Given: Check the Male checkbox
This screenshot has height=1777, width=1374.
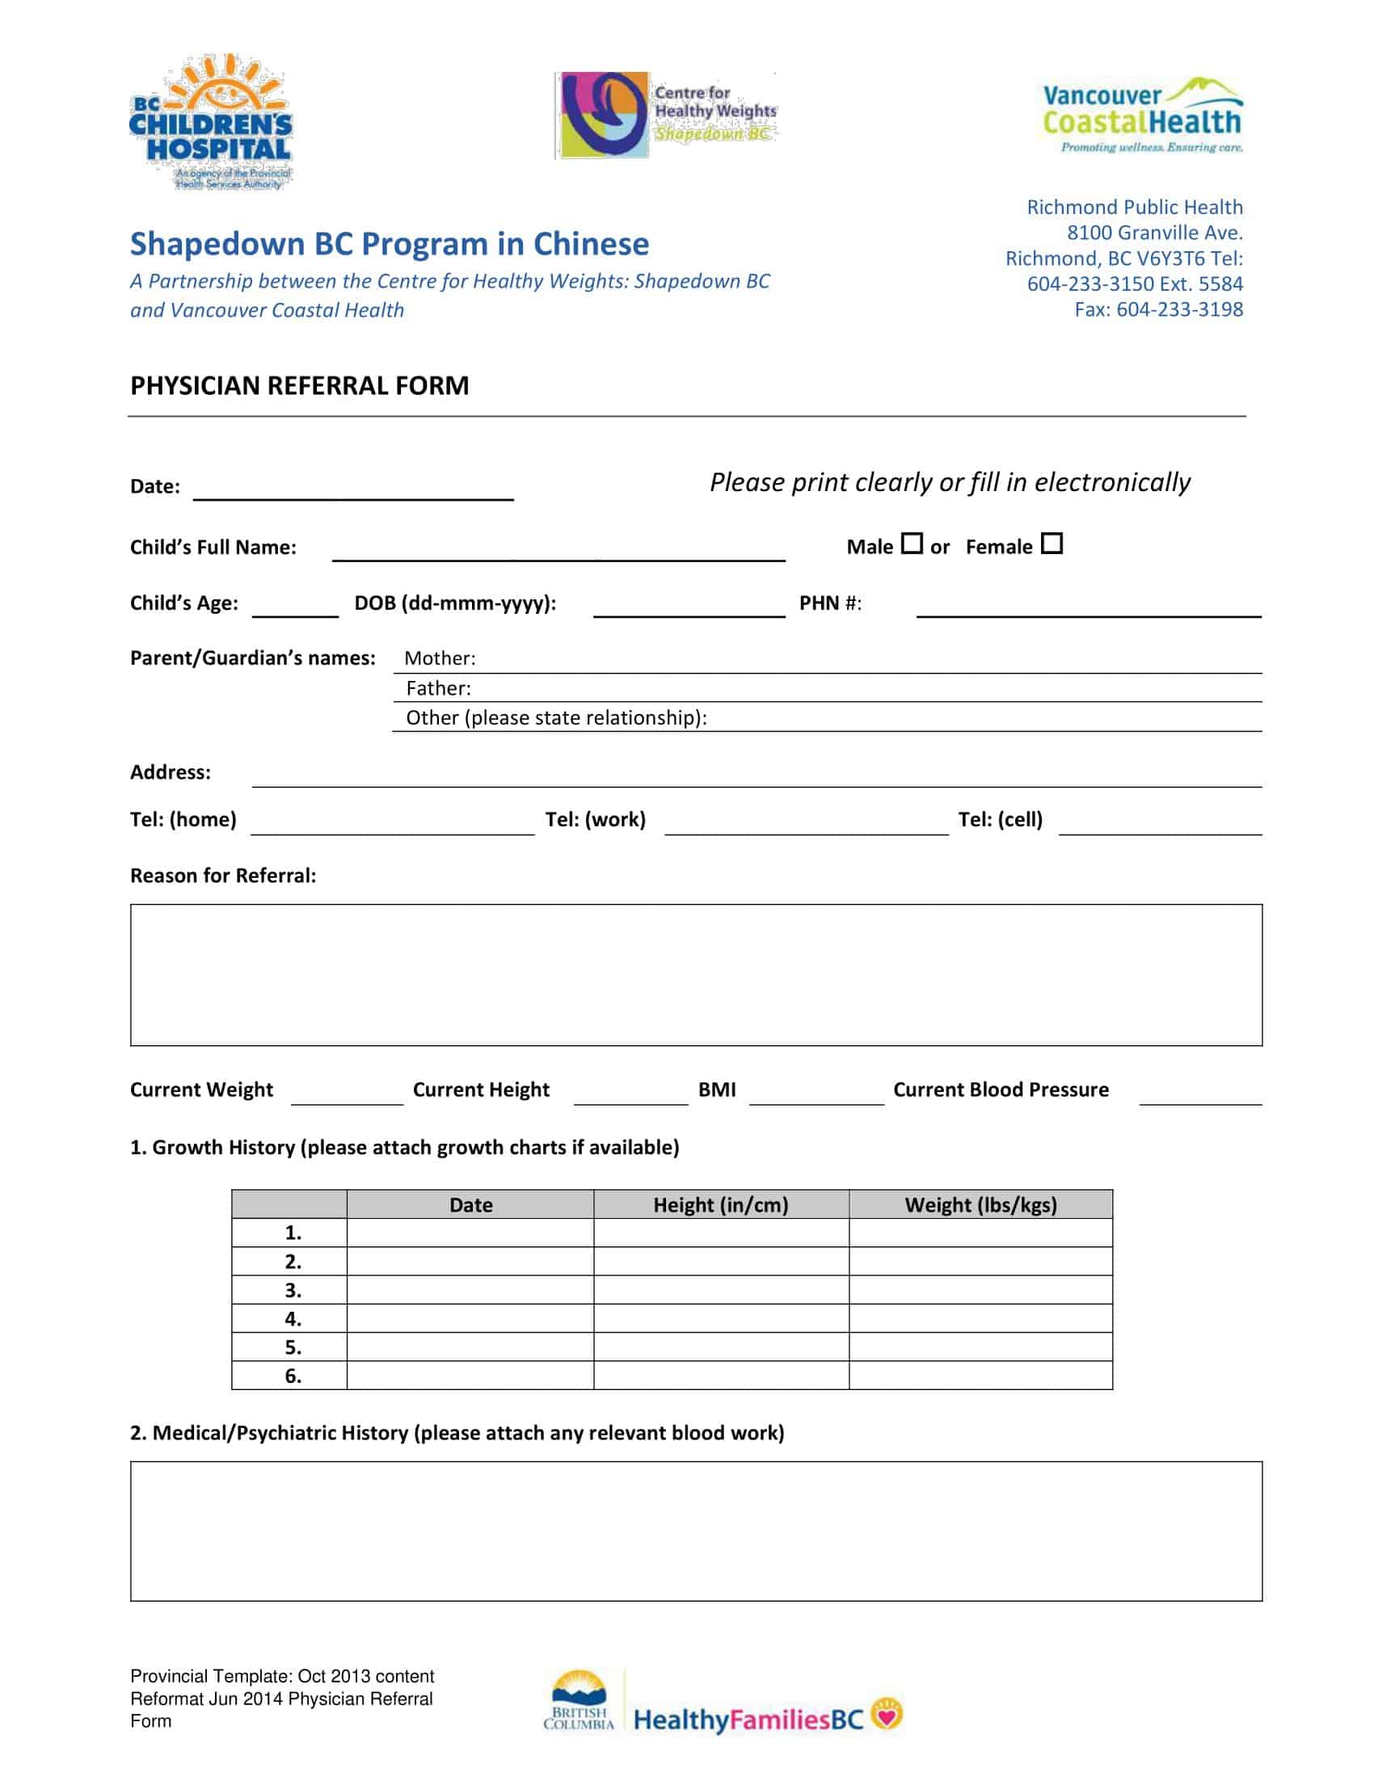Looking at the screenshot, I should (912, 543).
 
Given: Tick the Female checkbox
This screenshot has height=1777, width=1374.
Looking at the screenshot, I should (1052, 543).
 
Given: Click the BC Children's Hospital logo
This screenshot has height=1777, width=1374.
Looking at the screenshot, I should (211, 122).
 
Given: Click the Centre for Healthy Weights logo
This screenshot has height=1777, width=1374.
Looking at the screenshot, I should (666, 115).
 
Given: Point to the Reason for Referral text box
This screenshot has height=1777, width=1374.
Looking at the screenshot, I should (696, 974).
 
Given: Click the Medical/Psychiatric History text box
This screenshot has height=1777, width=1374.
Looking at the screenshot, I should (696, 1531).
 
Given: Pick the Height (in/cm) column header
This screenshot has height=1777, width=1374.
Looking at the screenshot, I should (720, 1204).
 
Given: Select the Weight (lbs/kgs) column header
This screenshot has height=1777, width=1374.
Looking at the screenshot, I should (981, 1204).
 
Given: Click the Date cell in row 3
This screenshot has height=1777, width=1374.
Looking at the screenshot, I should (470, 1290).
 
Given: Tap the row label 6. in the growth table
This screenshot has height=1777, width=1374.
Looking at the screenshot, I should (293, 1376).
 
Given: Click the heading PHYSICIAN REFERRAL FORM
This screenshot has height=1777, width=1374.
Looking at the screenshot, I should (300, 385).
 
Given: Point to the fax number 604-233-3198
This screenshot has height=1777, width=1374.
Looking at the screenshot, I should (1178, 309).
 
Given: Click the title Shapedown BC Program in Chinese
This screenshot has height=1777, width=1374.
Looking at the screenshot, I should (390, 244).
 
